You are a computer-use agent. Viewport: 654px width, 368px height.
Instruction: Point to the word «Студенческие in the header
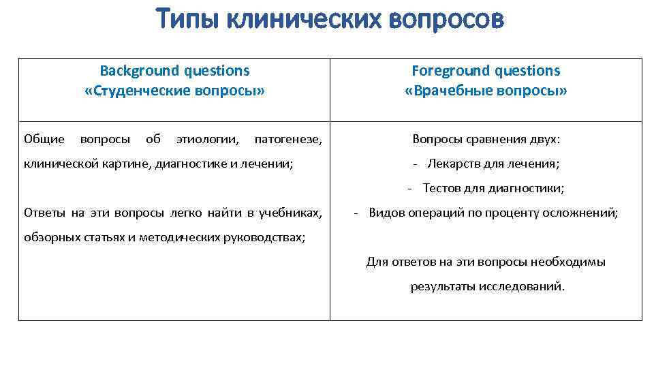pos(138,91)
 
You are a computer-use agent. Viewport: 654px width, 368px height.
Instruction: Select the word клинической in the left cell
pos(57,164)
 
